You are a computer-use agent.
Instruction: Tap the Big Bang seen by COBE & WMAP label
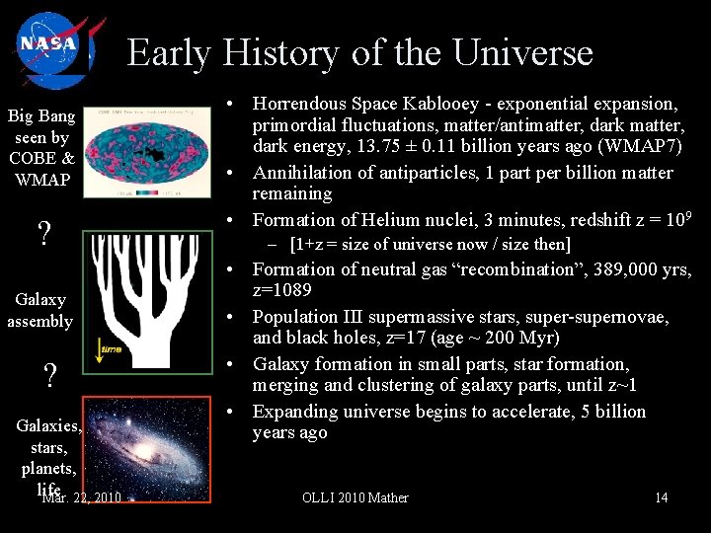click(x=40, y=147)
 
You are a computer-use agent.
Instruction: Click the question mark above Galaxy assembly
click(x=43, y=234)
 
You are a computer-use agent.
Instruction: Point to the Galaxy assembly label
click(x=40, y=310)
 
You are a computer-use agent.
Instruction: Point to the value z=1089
click(x=283, y=290)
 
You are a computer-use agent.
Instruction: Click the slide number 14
click(x=661, y=497)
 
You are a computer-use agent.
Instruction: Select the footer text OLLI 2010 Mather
click(x=355, y=497)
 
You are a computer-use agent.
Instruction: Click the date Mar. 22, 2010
click(x=82, y=497)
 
